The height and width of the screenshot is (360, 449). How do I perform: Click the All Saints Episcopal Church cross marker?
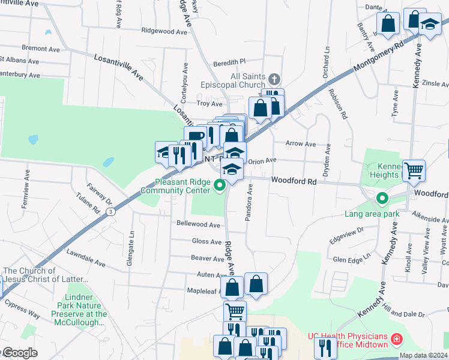tap(274, 79)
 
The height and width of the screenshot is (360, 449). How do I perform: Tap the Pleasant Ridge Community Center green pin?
tap(220, 185)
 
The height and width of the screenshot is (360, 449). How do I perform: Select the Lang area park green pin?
tap(381, 198)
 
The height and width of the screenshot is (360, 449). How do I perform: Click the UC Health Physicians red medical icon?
tap(396, 340)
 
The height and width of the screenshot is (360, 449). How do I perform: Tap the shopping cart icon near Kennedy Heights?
tap(414, 170)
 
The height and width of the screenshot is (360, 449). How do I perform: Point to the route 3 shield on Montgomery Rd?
tap(110, 211)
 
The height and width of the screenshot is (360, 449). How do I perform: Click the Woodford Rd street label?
tap(293, 180)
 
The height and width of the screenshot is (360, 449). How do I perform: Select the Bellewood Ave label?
tap(198, 224)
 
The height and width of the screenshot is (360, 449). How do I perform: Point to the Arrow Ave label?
tap(300, 144)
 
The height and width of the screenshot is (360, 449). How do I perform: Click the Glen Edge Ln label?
tap(352, 260)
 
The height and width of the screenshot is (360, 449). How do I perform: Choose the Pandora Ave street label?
tap(250, 202)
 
